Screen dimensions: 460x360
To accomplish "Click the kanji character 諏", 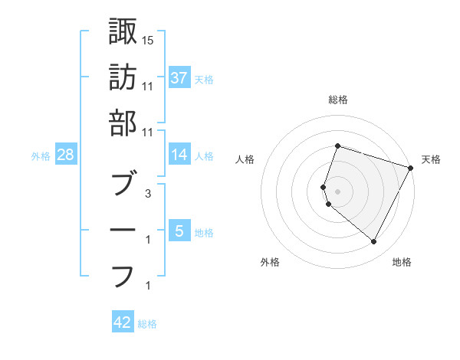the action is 123,31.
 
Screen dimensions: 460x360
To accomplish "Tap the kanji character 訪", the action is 123,77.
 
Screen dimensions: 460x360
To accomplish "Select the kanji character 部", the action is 123,123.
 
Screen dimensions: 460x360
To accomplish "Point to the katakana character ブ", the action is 123,184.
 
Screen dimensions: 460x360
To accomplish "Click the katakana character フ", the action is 123,274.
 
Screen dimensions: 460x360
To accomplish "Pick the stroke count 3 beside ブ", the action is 148,193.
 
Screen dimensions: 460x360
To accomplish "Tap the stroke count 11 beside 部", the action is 148,132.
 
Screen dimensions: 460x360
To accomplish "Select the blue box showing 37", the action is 179,77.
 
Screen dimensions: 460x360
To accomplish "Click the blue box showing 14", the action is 179,154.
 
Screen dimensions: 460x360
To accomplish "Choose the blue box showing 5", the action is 179,230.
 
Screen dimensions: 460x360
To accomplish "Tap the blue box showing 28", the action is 66,155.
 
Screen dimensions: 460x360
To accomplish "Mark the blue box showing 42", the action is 123,322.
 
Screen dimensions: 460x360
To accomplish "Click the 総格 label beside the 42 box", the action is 147,324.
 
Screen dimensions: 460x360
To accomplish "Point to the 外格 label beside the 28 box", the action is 41,156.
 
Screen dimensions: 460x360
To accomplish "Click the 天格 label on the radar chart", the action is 431,159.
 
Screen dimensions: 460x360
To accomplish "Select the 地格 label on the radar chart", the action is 402,262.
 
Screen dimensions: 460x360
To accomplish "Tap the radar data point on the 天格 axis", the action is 411,168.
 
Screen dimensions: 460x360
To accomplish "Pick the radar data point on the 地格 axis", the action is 373,242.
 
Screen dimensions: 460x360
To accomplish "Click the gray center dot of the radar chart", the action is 337,191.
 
